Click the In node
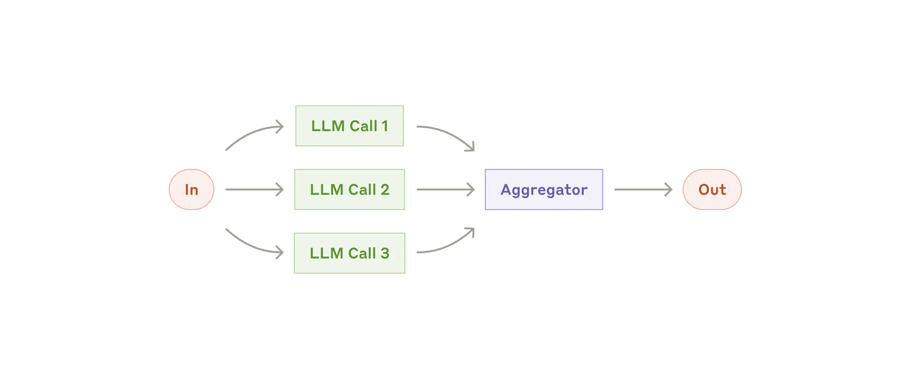click(191, 189)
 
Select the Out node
click(712, 189)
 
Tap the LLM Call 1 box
click(349, 126)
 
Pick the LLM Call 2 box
click(349, 189)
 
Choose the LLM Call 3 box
click(349, 253)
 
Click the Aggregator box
click(544, 189)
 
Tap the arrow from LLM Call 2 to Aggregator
click(445, 189)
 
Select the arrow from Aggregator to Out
click(642, 189)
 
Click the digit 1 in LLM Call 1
click(384, 126)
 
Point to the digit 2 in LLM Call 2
click(385, 189)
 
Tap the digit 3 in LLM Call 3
click(384, 253)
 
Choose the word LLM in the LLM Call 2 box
click(326, 189)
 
